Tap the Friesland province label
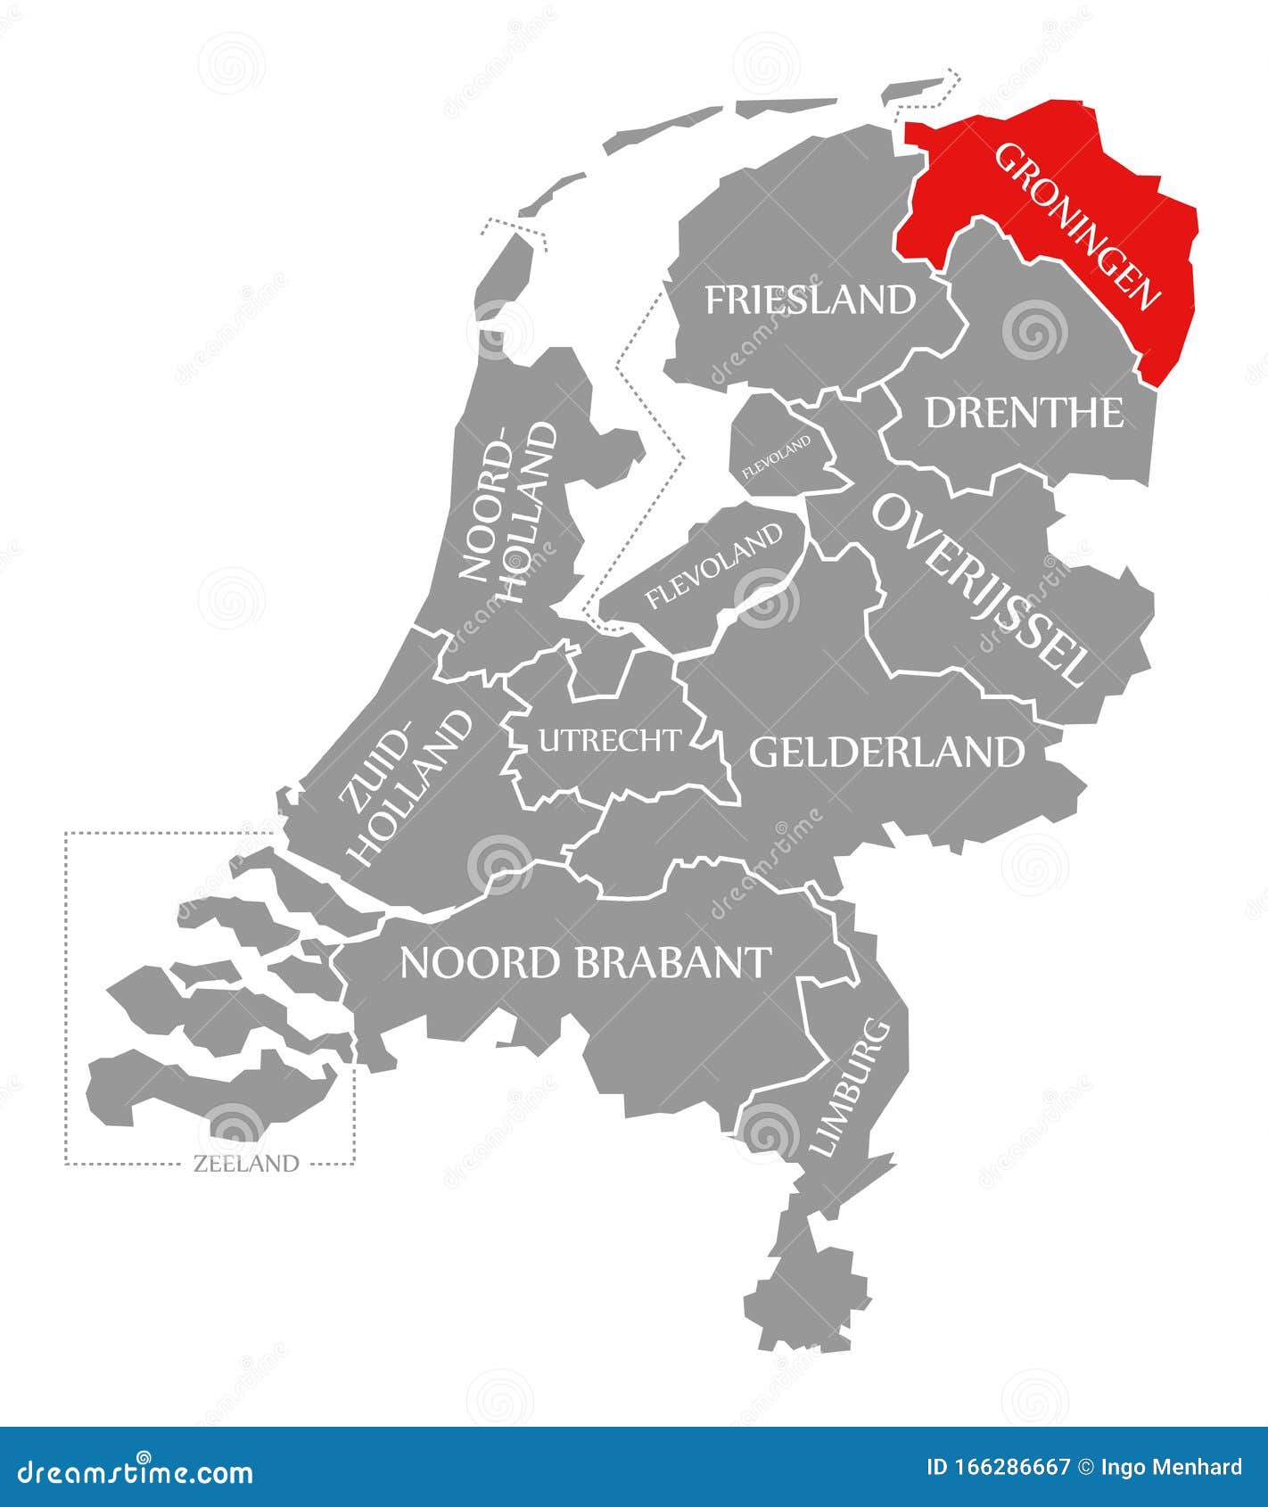pos(810,300)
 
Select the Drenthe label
pos(1025,413)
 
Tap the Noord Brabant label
pos(586,962)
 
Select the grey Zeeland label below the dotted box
pos(245,1163)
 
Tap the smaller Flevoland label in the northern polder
pos(777,456)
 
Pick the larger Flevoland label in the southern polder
pos(713,566)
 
